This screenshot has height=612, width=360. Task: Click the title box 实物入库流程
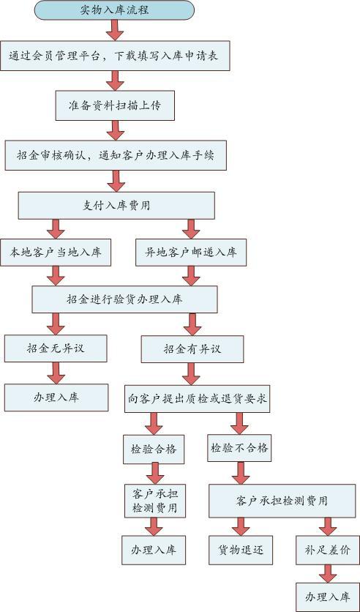114,10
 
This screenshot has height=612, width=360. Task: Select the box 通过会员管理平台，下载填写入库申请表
115,56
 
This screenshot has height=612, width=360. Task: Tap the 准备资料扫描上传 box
115,105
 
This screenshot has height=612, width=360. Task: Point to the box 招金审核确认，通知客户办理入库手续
116,155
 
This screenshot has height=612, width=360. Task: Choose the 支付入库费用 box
116,206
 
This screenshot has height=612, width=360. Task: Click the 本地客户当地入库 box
56,253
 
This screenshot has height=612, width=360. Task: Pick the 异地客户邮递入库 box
191,253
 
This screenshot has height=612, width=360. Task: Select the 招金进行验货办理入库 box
124,299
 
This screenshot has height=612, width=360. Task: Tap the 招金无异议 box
56,348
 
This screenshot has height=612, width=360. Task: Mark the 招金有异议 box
192,348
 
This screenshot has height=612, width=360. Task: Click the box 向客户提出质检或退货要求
198,399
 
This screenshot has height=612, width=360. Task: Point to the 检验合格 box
154,449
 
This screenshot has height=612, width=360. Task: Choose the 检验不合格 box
239,448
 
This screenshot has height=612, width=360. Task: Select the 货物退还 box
241,550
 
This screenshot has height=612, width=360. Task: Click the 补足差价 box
328,551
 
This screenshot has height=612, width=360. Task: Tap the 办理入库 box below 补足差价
328,597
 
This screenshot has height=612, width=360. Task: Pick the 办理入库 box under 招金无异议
56,398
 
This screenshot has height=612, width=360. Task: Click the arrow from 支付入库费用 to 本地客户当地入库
56,229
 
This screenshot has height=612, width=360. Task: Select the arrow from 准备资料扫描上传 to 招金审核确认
115,130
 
